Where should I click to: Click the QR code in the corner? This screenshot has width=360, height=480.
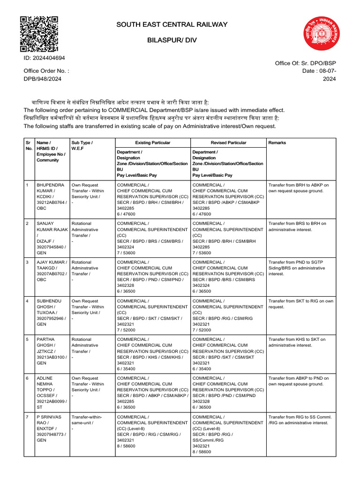[x=39, y=34]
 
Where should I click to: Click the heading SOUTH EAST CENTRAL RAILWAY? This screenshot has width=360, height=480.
[x=172, y=24]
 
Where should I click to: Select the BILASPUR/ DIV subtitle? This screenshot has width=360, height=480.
[x=172, y=40]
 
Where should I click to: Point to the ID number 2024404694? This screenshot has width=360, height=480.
[x=45, y=58]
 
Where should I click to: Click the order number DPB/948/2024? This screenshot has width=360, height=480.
[x=43, y=79]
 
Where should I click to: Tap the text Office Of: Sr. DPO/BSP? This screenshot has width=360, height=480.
[x=306, y=62]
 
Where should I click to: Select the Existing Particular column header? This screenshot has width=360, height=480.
[x=152, y=142]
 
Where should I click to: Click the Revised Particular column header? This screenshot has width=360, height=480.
[x=228, y=142]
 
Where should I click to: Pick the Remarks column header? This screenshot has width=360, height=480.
[x=277, y=142]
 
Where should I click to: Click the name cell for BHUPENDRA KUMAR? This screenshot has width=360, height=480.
[x=52, y=196]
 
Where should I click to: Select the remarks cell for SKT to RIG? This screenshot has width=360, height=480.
[x=300, y=304]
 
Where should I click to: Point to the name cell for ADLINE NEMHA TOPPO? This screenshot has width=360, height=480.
[x=52, y=392]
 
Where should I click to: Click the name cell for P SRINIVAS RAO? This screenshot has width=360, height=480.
[x=52, y=428]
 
